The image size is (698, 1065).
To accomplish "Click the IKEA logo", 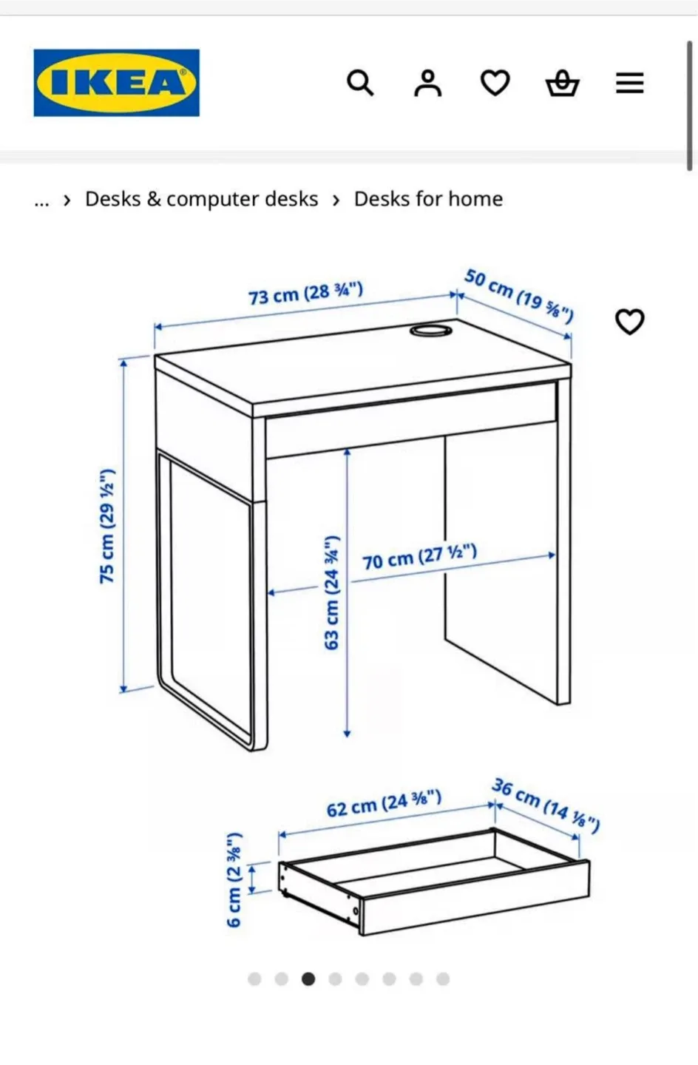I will point(116,83).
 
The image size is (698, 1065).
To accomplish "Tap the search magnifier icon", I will point(360,83).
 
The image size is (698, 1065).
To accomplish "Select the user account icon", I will point(427,83).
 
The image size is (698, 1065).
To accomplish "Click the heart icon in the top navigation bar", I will point(495,83).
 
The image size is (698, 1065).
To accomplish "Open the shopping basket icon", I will point(562,83).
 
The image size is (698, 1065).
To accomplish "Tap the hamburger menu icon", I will point(629,83).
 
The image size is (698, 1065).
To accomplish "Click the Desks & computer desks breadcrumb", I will point(201,199).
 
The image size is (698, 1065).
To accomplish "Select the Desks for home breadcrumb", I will point(428,199).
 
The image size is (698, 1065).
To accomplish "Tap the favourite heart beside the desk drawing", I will point(630,322).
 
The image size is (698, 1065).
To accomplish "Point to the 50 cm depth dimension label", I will point(518,296).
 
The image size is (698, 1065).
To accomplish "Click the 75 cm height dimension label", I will point(107,526).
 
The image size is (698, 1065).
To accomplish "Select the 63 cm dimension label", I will point(331,593).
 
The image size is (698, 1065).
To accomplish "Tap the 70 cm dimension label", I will point(419,557).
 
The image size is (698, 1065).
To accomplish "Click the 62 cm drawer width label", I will point(384,803).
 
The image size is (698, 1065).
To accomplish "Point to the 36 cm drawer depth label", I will point(546,805).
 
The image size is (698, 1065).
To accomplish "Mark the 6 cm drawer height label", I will point(234,879).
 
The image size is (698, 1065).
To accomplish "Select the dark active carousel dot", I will point(308,979).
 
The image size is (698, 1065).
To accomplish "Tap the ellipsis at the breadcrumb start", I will point(41,200).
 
